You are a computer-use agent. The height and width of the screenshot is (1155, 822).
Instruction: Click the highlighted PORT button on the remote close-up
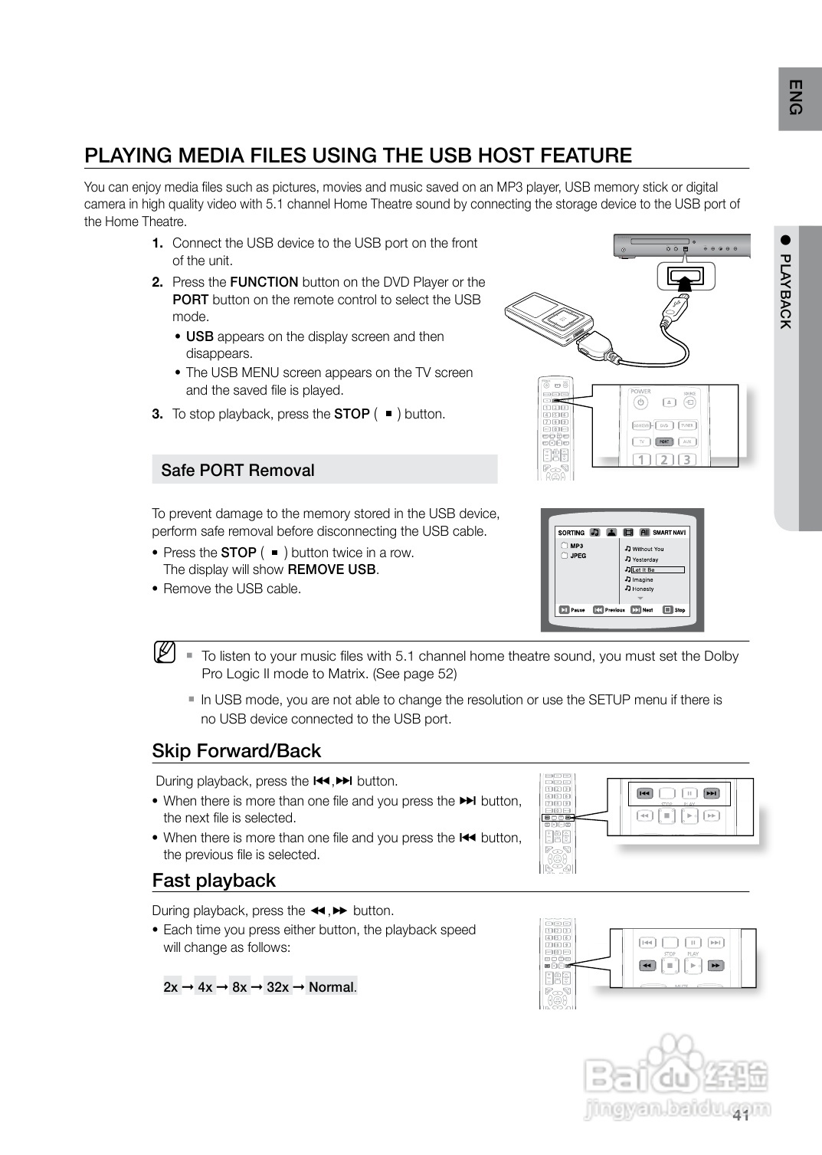click(x=664, y=441)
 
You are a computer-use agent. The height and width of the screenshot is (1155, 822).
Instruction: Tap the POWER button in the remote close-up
click(x=641, y=402)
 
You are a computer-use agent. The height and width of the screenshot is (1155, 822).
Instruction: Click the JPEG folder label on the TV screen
click(x=578, y=556)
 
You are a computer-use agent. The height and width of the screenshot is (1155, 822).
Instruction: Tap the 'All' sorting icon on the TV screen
click(x=644, y=533)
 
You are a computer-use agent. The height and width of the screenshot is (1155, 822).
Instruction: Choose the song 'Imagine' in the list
click(x=642, y=580)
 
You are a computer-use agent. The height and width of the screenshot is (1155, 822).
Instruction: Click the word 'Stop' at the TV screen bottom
click(x=680, y=610)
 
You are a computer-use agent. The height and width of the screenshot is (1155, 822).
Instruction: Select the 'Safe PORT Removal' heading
click(x=237, y=471)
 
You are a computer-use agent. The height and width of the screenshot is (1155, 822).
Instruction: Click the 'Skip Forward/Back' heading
click(x=236, y=751)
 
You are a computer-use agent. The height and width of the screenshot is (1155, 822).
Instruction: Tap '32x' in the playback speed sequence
click(x=277, y=987)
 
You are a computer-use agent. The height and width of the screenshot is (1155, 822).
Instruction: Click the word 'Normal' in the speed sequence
click(x=331, y=987)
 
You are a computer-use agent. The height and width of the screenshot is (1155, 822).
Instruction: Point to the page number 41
click(x=740, y=1115)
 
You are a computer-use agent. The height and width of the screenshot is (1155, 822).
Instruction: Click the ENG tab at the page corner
click(x=797, y=98)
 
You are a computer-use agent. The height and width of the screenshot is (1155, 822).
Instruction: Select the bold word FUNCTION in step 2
click(x=264, y=282)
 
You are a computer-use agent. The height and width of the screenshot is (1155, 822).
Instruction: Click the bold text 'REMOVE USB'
click(x=331, y=569)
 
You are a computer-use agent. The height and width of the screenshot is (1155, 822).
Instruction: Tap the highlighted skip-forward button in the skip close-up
click(x=712, y=793)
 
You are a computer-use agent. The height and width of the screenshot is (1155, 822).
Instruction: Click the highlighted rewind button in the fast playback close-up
click(x=646, y=966)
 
